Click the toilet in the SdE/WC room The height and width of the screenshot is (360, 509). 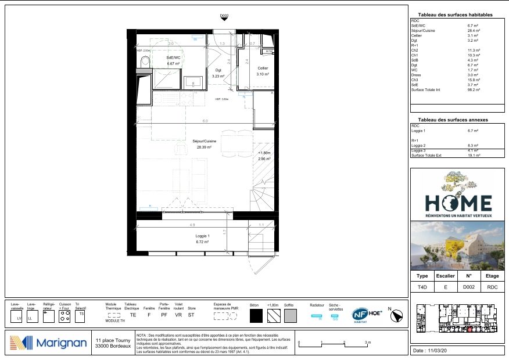(145, 62)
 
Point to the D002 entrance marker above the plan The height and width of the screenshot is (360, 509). (224, 19)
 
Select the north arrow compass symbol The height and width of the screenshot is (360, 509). (397, 315)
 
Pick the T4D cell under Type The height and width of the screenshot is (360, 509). (422, 286)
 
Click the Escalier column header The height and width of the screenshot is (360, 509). (446, 276)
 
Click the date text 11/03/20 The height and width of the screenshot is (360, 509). (439, 351)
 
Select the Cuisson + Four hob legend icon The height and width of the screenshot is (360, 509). (65, 316)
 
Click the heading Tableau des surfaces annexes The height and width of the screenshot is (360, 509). (453, 120)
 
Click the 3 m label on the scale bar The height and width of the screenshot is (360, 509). (367, 343)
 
